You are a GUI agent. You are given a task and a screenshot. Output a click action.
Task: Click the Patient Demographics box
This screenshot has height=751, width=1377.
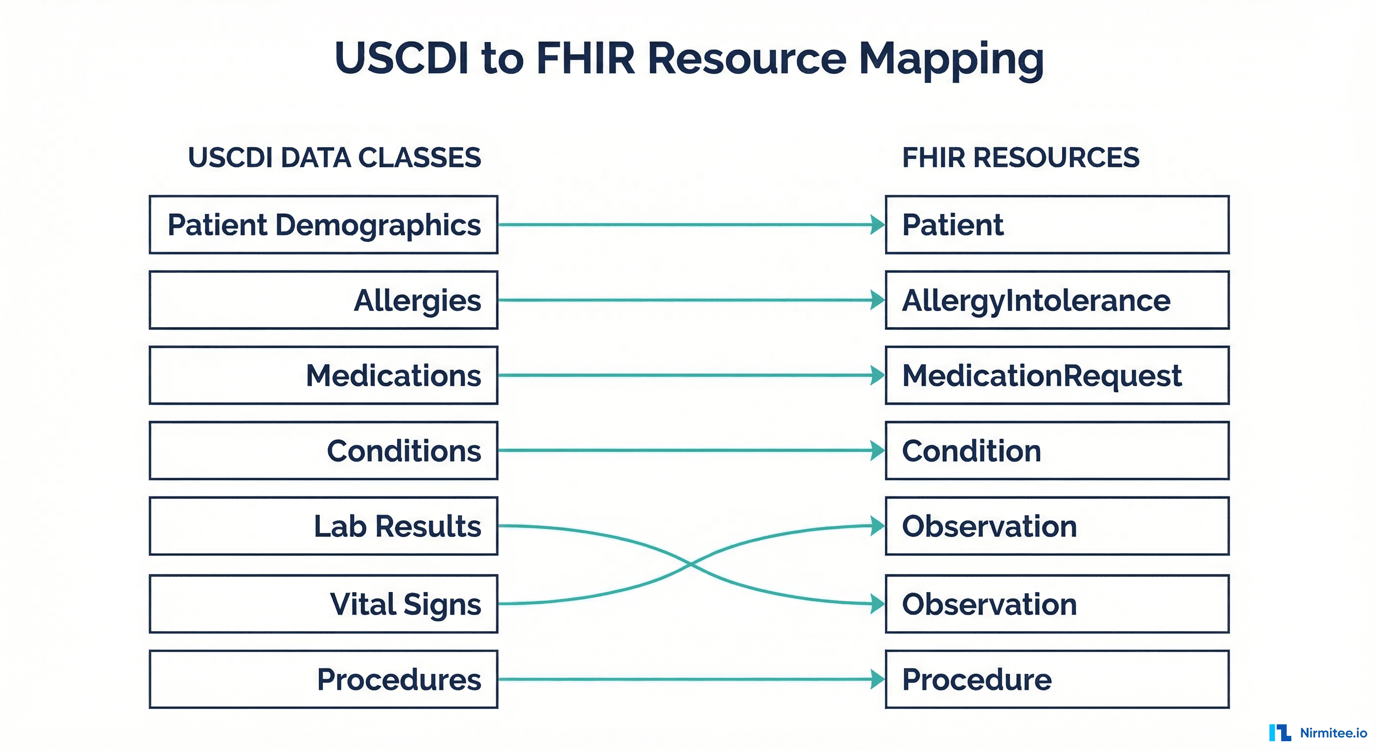pos(323,224)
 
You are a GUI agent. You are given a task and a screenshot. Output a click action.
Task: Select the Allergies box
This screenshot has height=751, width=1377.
pos(323,300)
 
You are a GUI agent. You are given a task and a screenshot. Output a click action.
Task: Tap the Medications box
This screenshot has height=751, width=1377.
pos(323,375)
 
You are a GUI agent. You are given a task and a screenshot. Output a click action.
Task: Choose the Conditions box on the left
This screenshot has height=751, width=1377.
pos(323,451)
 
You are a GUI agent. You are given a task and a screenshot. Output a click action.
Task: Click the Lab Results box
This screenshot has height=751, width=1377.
pos(323,526)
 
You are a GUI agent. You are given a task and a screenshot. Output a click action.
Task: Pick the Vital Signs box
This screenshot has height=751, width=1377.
pos(323,604)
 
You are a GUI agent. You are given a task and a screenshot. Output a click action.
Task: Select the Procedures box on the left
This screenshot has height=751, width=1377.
pos(323,680)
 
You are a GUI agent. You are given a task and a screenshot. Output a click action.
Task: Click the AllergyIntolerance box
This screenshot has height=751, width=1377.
pos(1057,300)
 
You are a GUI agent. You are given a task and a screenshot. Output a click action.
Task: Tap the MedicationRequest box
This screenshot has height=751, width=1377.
pos(1057,375)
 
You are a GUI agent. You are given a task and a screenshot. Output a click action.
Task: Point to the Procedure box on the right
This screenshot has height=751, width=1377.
pos(1057,680)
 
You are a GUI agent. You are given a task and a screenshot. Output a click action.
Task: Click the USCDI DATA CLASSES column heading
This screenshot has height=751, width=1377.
pos(334,158)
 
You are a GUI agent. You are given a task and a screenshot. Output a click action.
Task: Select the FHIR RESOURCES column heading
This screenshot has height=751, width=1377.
pos(1021,158)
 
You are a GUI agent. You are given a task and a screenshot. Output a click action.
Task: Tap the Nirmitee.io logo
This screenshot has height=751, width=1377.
pos(1317,733)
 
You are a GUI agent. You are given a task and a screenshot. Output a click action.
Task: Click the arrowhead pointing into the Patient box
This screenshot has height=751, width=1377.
pos(877,224)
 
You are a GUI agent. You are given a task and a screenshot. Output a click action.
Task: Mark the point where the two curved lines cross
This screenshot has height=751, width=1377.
pos(690,564)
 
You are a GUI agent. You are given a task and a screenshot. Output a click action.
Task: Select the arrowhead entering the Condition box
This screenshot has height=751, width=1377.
pos(877,451)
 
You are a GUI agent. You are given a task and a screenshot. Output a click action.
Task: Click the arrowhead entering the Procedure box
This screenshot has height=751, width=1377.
pos(877,680)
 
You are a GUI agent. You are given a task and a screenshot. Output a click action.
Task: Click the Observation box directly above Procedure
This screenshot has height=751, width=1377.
pos(1057,604)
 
